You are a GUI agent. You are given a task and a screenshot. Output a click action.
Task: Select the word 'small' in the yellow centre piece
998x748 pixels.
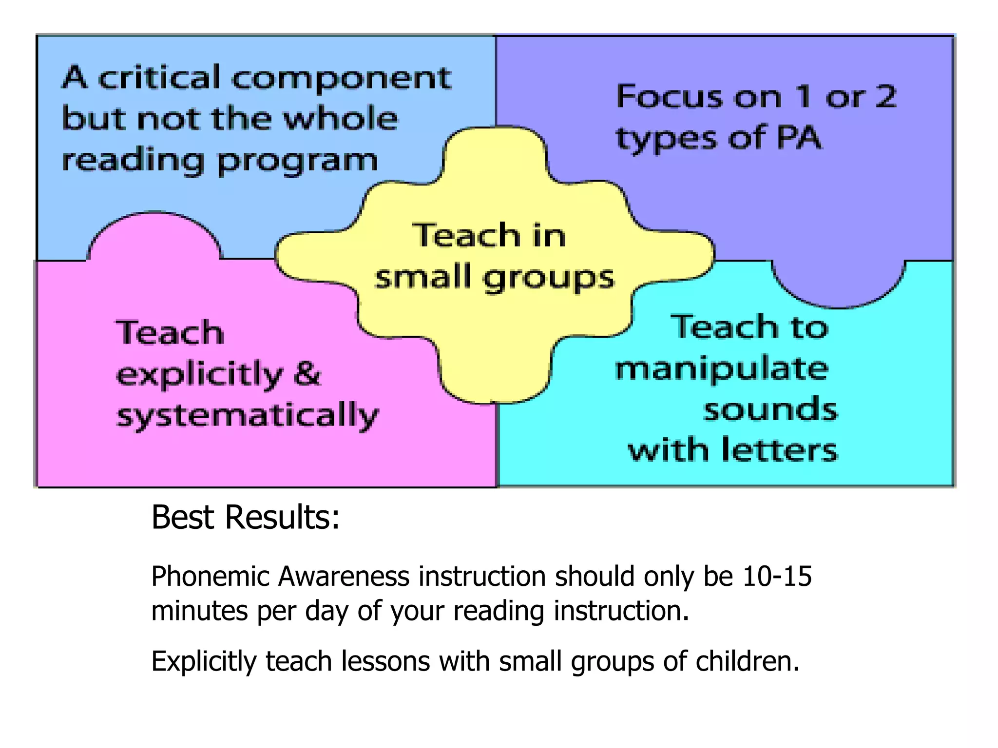(422, 277)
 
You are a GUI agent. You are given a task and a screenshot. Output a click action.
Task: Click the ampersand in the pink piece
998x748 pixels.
(307, 374)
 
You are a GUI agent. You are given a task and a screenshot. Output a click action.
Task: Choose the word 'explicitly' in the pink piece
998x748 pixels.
(200, 375)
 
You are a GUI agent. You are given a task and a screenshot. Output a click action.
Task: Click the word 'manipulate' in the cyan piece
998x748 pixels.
(721, 369)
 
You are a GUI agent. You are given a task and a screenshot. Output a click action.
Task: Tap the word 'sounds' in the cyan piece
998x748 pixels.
(770, 410)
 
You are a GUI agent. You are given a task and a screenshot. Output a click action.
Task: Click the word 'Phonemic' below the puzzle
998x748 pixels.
(211, 577)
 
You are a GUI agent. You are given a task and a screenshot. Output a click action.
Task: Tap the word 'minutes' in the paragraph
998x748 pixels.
(199, 611)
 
